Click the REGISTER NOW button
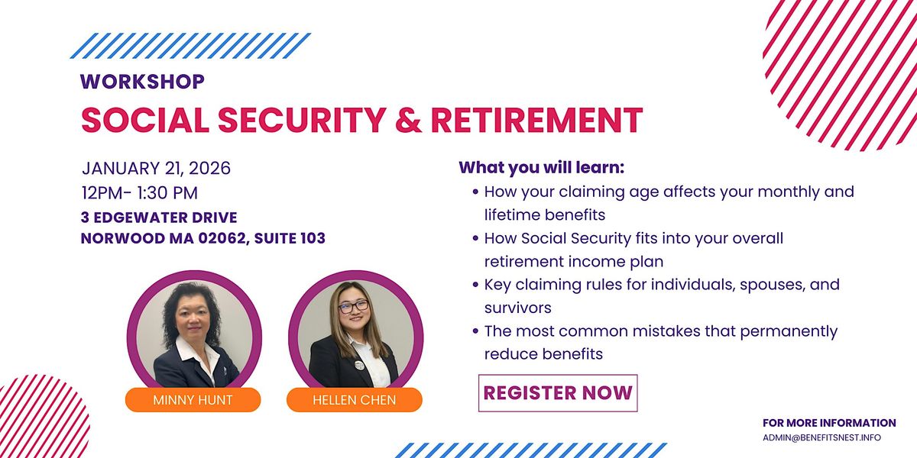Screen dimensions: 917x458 558,393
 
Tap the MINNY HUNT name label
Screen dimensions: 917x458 193,399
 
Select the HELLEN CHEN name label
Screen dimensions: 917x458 355,399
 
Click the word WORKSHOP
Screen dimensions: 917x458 142,82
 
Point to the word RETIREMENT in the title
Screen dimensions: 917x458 536,120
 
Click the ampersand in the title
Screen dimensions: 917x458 409,120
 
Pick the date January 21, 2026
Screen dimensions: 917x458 156,169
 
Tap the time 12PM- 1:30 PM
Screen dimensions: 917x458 140,193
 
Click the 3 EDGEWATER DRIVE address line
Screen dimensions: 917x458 159,218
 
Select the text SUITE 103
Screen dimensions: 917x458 290,238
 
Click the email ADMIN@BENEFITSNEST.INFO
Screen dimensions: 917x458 821,437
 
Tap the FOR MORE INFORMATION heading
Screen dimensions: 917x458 829,423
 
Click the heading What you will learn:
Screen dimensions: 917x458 542,168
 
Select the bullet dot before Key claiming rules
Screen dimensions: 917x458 475,284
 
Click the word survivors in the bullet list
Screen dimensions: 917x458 518,308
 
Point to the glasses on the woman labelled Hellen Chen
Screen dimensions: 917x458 354,306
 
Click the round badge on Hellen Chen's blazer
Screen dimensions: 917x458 359,365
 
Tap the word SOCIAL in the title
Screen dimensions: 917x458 145,120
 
